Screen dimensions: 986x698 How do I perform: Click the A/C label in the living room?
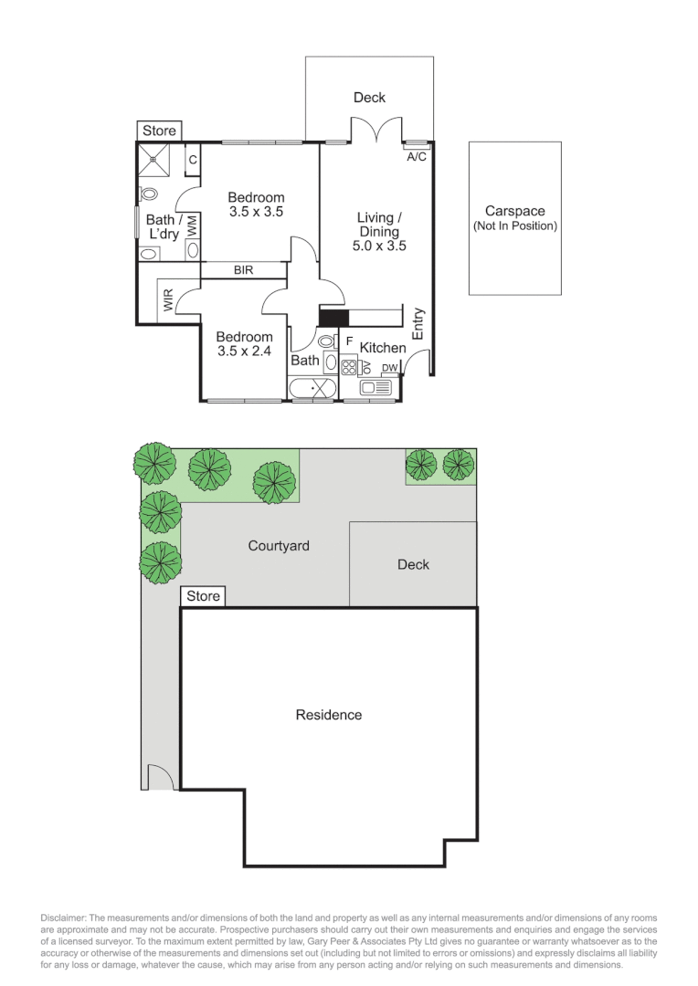click(416, 156)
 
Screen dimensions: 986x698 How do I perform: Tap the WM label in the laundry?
click(193, 226)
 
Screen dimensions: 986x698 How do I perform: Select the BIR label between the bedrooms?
click(243, 270)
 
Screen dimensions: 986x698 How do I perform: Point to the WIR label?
click(168, 301)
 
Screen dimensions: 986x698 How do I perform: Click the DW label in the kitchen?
click(390, 368)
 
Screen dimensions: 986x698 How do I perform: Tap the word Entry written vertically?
click(418, 324)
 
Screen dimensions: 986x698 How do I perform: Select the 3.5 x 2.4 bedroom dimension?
click(245, 350)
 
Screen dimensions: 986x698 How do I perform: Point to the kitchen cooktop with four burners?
click(348, 368)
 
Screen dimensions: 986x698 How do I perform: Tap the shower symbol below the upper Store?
click(154, 161)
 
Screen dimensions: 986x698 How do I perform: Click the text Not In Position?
click(514, 226)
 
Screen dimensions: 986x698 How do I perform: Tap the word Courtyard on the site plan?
click(279, 546)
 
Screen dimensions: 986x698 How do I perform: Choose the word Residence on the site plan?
click(328, 715)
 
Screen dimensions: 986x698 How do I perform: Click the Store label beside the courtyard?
click(203, 596)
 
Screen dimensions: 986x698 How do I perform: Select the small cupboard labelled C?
click(193, 160)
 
